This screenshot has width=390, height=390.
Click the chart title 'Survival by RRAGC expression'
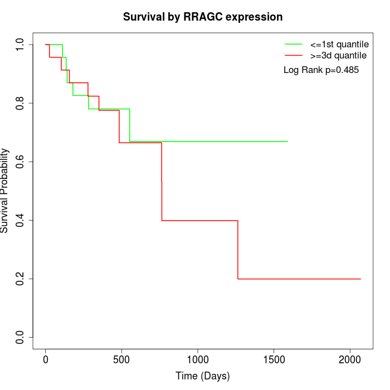203,17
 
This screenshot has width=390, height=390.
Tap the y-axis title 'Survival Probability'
5,191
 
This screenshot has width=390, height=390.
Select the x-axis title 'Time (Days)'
203,376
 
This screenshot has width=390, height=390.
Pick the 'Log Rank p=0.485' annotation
321,70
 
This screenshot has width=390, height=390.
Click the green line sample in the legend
294,44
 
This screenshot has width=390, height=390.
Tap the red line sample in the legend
294,56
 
